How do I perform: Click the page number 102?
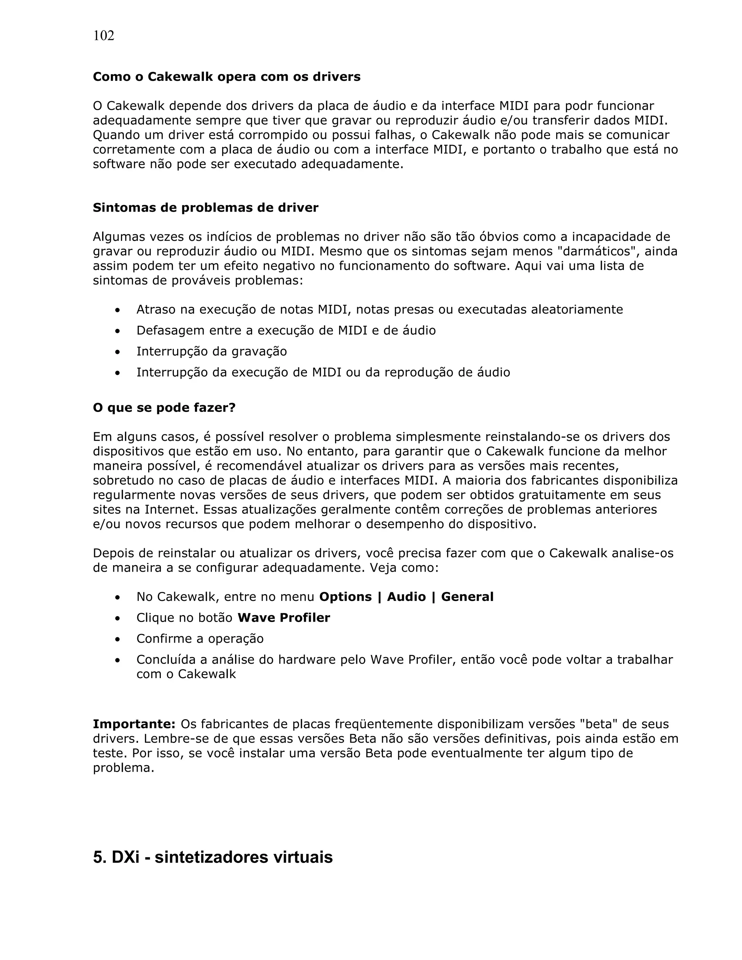104,36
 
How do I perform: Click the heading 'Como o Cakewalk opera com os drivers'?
226,77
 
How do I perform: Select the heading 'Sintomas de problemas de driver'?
205,208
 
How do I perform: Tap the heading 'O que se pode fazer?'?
164,408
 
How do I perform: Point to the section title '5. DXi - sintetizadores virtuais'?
213,857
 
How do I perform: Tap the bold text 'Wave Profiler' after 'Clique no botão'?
284,618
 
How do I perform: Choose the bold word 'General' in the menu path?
467,597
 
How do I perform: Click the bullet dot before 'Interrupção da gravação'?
117,352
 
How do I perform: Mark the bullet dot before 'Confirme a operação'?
117,639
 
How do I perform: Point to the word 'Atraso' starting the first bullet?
155,309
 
